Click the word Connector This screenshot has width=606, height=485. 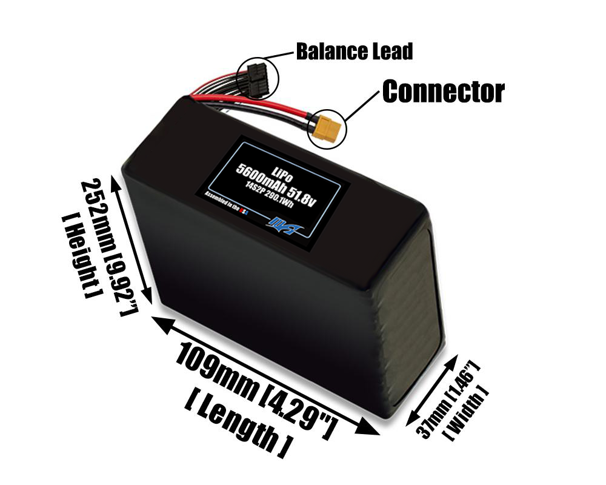coord(443,92)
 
